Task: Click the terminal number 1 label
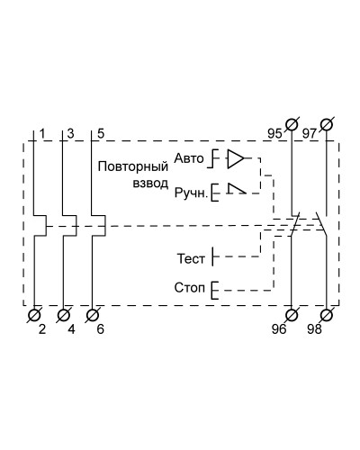(x=42, y=133)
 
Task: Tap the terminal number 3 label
(x=70, y=133)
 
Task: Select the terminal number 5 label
(x=101, y=133)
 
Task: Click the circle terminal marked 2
(x=34, y=315)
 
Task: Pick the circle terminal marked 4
(x=63, y=315)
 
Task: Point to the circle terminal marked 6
(x=92, y=315)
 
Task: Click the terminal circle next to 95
(x=292, y=124)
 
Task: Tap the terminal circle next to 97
(x=327, y=124)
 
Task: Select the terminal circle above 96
(x=292, y=315)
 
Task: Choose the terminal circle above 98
(x=327, y=315)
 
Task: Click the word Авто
(x=189, y=158)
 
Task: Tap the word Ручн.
(x=191, y=193)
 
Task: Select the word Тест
(x=191, y=258)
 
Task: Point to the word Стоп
(x=190, y=288)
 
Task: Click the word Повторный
(x=133, y=166)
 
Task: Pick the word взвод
(x=150, y=184)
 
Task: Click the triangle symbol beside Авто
(x=236, y=158)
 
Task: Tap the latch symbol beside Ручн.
(x=237, y=189)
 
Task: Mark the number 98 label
(x=314, y=329)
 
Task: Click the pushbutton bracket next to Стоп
(x=214, y=290)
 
